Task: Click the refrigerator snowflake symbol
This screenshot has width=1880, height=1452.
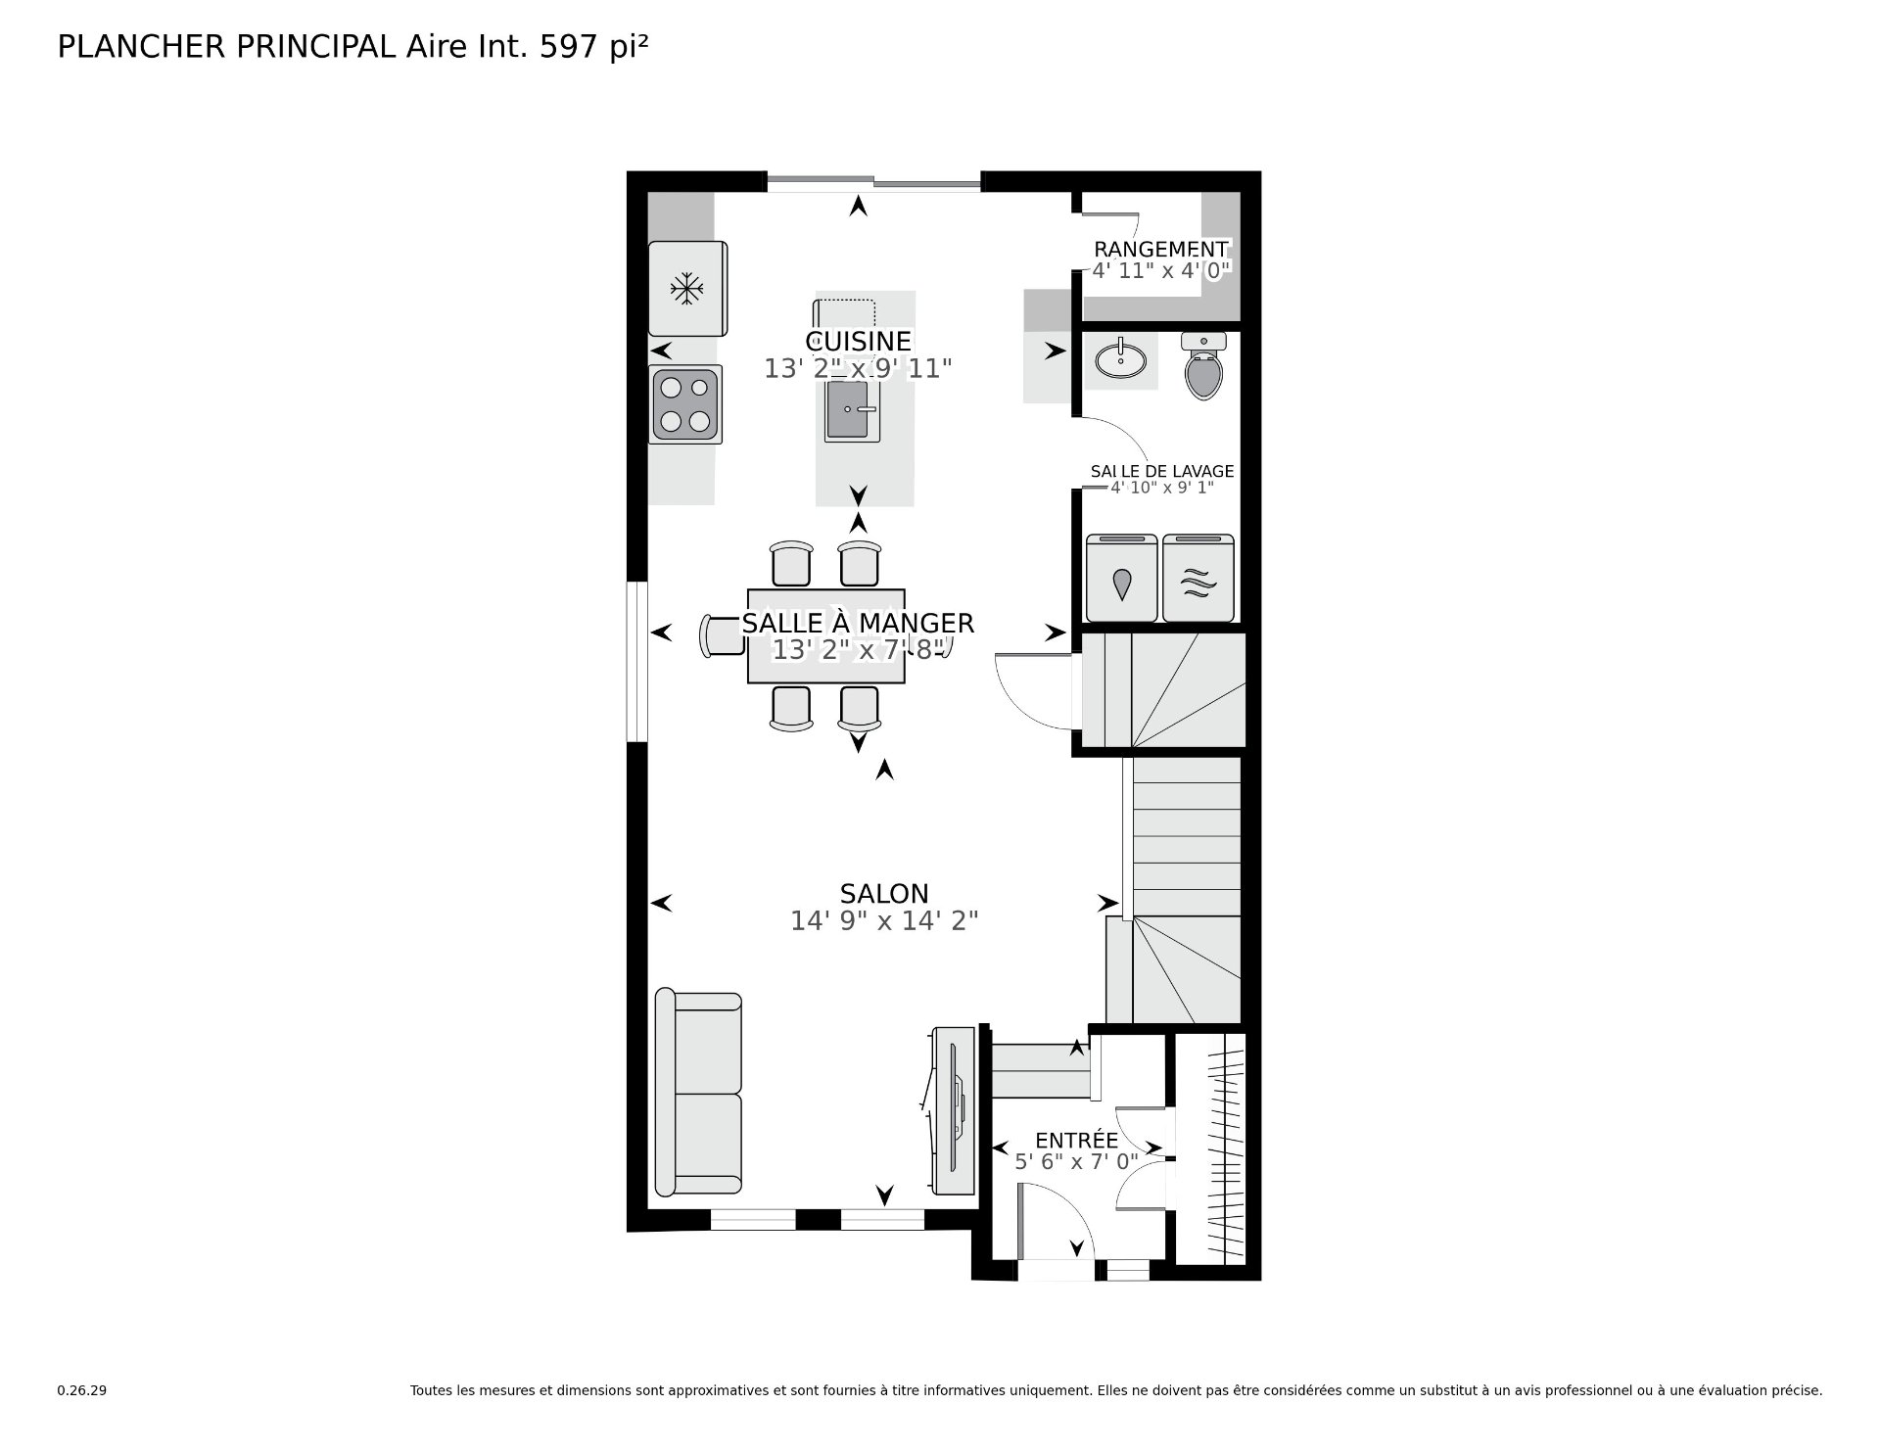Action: (x=686, y=288)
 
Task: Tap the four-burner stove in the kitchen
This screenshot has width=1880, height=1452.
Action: (x=685, y=404)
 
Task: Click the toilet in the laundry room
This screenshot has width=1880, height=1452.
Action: (x=1204, y=365)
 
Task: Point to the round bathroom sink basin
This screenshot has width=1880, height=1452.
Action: (x=1121, y=359)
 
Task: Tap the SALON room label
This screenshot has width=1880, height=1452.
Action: (x=884, y=893)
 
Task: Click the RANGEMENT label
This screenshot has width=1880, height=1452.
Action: (x=1160, y=250)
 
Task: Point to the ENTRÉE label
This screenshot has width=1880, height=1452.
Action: (x=1076, y=1141)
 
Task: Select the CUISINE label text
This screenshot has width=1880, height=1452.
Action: (x=858, y=341)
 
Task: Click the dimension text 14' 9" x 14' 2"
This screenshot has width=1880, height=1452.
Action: (x=884, y=920)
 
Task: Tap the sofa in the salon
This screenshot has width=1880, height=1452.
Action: (x=698, y=1092)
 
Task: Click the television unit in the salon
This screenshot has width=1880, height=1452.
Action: (x=953, y=1110)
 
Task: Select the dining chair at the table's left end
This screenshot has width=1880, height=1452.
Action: (x=723, y=635)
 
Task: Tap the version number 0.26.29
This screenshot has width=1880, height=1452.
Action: (x=81, y=1390)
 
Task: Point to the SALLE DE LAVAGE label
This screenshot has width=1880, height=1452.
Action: (x=1162, y=471)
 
